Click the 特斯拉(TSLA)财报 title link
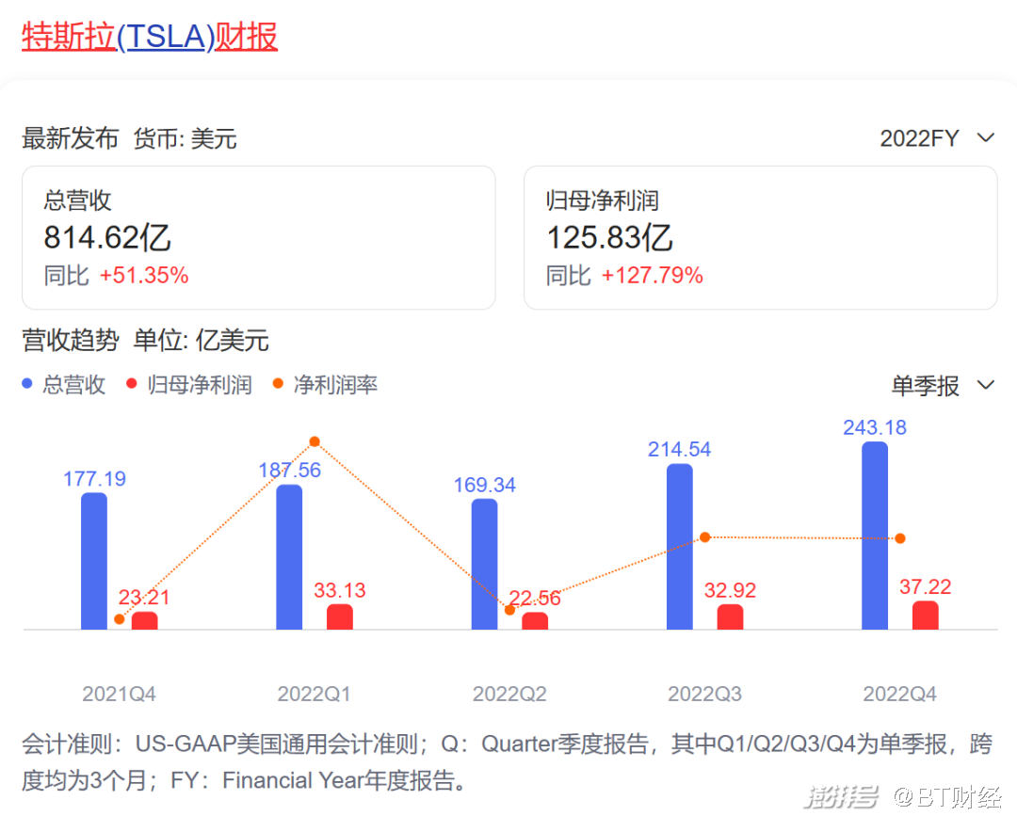[150, 37]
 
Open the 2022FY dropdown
[936, 138]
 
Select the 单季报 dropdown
[943, 385]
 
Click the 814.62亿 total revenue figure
[107, 237]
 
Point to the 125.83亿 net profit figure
[609, 237]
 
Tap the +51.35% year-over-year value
[144, 276]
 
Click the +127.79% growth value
[653, 276]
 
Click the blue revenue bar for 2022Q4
[875, 536]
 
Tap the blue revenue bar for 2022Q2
[484, 564]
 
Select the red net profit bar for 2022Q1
[340, 617]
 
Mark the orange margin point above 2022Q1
[315, 441]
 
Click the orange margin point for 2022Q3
[705, 536]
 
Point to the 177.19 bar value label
[94, 479]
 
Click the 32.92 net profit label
[731, 591]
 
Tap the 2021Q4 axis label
[119, 695]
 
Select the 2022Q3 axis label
[704, 695]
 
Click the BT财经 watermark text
[947, 798]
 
